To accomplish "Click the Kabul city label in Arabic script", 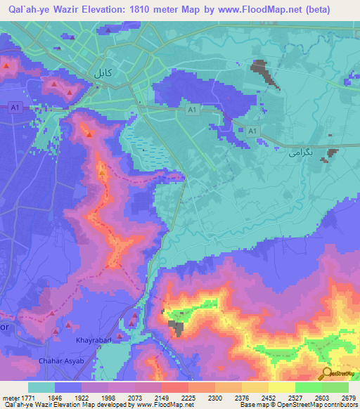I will tap(103, 72).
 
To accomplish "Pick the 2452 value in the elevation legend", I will tap(269, 397).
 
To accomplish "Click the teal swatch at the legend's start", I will tap(42, 387).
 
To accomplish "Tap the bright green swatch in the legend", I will tap(308, 387).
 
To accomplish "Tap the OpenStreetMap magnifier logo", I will tap(326, 373).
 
